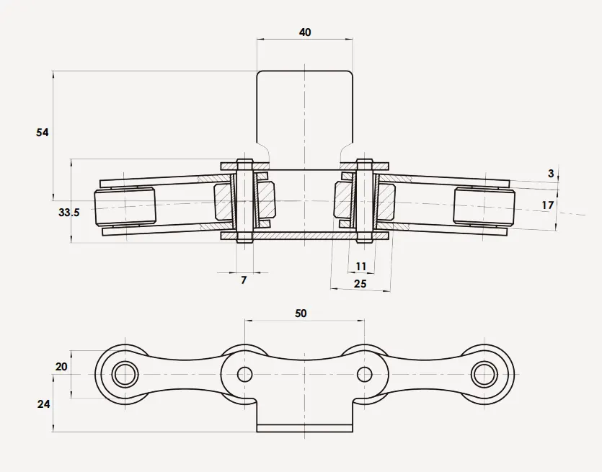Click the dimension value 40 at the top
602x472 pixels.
tap(304, 33)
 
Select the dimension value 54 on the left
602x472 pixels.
tap(43, 133)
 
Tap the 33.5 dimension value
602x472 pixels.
tap(68, 213)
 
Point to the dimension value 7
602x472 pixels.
tap(244, 280)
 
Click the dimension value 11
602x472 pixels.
tap(361, 267)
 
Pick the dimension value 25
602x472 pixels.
tap(360, 284)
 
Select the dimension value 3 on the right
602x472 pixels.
tap(551, 174)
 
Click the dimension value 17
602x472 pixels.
tap(548, 205)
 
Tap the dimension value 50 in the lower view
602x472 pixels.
tap(301, 313)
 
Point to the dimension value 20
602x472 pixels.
tap(61, 367)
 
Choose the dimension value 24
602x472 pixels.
tap(43, 404)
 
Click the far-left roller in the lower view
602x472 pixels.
tap(125, 374)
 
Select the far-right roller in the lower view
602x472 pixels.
tap(485, 374)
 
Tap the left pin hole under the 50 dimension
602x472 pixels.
tap(245, 374)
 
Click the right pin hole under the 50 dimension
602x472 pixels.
tap(365, 374)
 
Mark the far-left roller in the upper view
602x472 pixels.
tap(125, 208)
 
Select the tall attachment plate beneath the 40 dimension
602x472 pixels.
tap(305, 108)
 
